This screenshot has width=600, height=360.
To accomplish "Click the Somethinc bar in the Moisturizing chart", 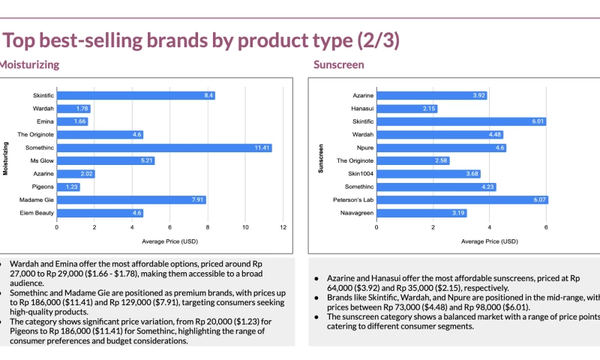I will [x=163, y=148].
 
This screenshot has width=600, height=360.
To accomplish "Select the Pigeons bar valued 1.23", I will [x=68, y=187].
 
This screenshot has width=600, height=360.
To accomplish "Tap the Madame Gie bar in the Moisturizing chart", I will [x=131, y=199].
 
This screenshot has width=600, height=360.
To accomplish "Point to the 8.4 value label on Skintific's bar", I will [x=208, y=95].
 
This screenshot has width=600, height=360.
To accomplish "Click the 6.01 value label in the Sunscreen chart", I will [x=538, y=121].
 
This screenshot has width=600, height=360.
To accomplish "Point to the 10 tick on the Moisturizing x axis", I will [x=245, y=226].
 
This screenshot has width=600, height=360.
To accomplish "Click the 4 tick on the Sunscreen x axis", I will [x=489, y=226].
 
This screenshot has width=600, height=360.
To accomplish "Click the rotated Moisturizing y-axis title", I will [x=5, y=154].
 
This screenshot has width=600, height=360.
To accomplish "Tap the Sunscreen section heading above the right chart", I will [x=339, y=64].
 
